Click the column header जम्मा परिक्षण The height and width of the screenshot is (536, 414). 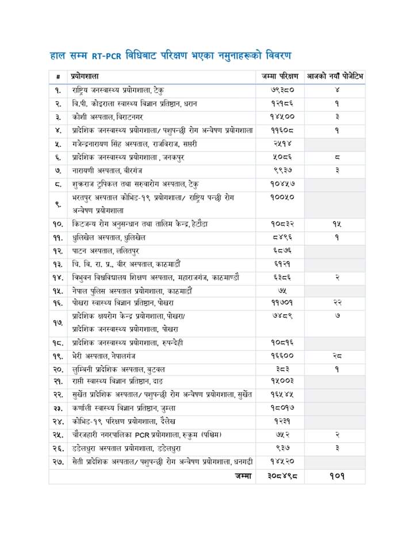(279, 76)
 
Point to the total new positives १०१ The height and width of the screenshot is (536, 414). (336, 477)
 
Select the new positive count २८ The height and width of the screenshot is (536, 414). (336, 355)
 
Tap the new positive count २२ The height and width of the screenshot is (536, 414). (336, 302)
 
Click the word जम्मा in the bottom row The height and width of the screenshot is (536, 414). (243, 477)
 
